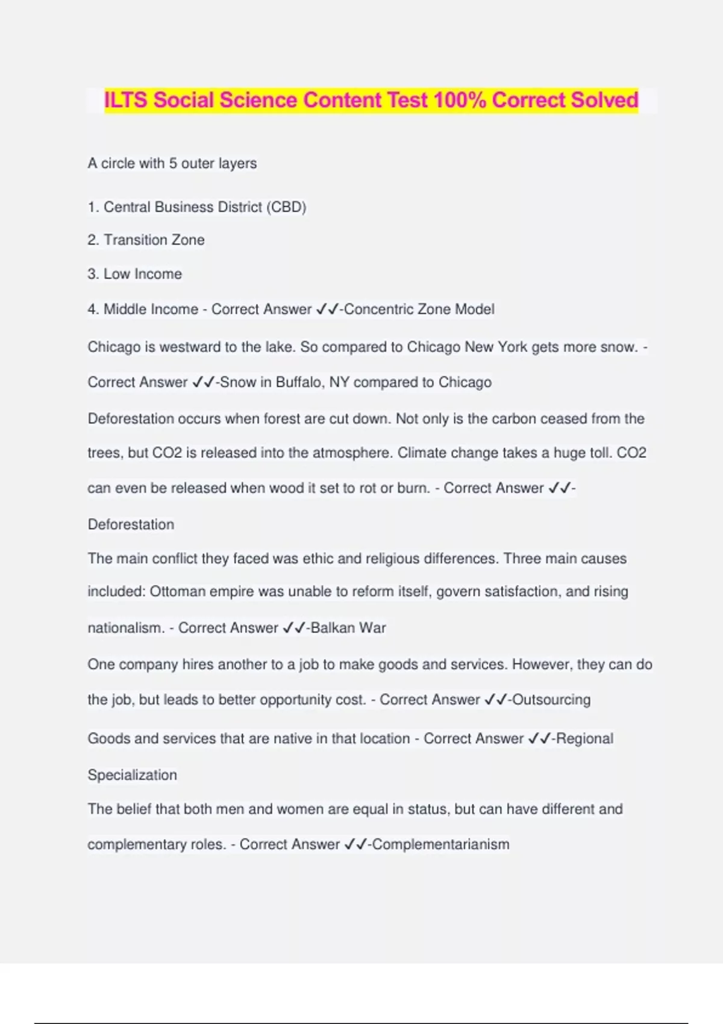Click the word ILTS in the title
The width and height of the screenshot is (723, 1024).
pyautogui.click(x=127, y=100)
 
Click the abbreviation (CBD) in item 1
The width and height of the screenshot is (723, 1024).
pyautogui.click(x=286, y=207)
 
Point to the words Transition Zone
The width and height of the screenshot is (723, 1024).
pyautogui.click(x=154, y=240)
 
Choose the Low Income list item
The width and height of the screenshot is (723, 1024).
pyautogui.click(x=143, y=274)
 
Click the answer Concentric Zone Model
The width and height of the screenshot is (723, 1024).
pyautogui.click(x=419, y=310)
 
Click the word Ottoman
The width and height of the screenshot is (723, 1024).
pyautogui.click(x=175, y=592)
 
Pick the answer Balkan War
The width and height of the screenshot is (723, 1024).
pyautogui.click(x=348, y=628)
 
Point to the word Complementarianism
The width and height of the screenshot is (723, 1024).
pyautogui.click(x=441, y=844)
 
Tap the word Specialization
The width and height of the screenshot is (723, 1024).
pyautogui.click(x=133, y=775)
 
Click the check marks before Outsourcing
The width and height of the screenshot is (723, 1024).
pyautogui.click(x=496, y=700)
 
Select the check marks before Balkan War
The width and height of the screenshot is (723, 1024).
pyautogui.click(x=294, y=628)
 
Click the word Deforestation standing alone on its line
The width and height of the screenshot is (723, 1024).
pyautogui.click(x=131, y=525)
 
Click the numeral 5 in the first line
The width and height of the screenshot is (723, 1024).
pyautogui.click(x=173, y=164)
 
